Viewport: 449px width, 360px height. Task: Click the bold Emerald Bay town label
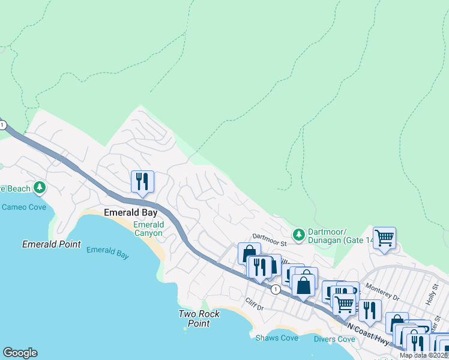point(131,212)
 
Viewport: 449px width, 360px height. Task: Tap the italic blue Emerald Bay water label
point(107,253)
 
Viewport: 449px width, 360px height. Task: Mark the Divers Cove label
point(334,339)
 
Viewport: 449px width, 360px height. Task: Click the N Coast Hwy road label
point(369,331)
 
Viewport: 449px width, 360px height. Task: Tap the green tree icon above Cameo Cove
point(40,188)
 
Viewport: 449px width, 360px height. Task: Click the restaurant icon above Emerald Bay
point(142,182)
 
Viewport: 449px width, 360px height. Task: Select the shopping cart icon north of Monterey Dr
point(384,238)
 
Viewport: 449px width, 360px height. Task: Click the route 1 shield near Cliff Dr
point(275,289)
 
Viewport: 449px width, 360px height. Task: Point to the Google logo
point(20,353)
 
